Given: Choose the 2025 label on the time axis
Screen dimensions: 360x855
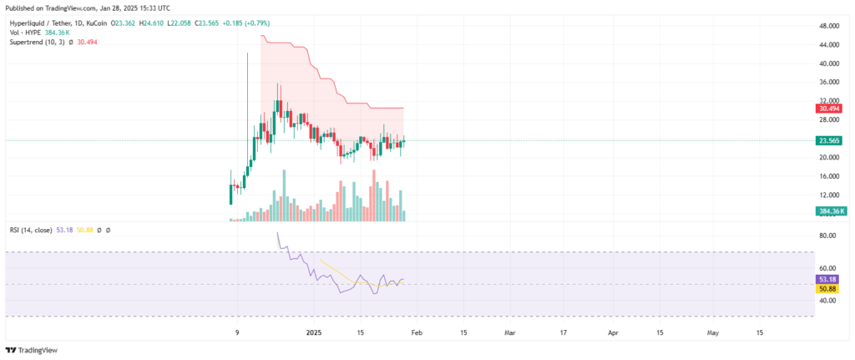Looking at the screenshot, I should point(315,332).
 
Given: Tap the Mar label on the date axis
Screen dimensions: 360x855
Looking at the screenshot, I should point(510,332).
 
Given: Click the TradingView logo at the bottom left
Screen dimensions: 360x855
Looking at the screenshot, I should point(26,351).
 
